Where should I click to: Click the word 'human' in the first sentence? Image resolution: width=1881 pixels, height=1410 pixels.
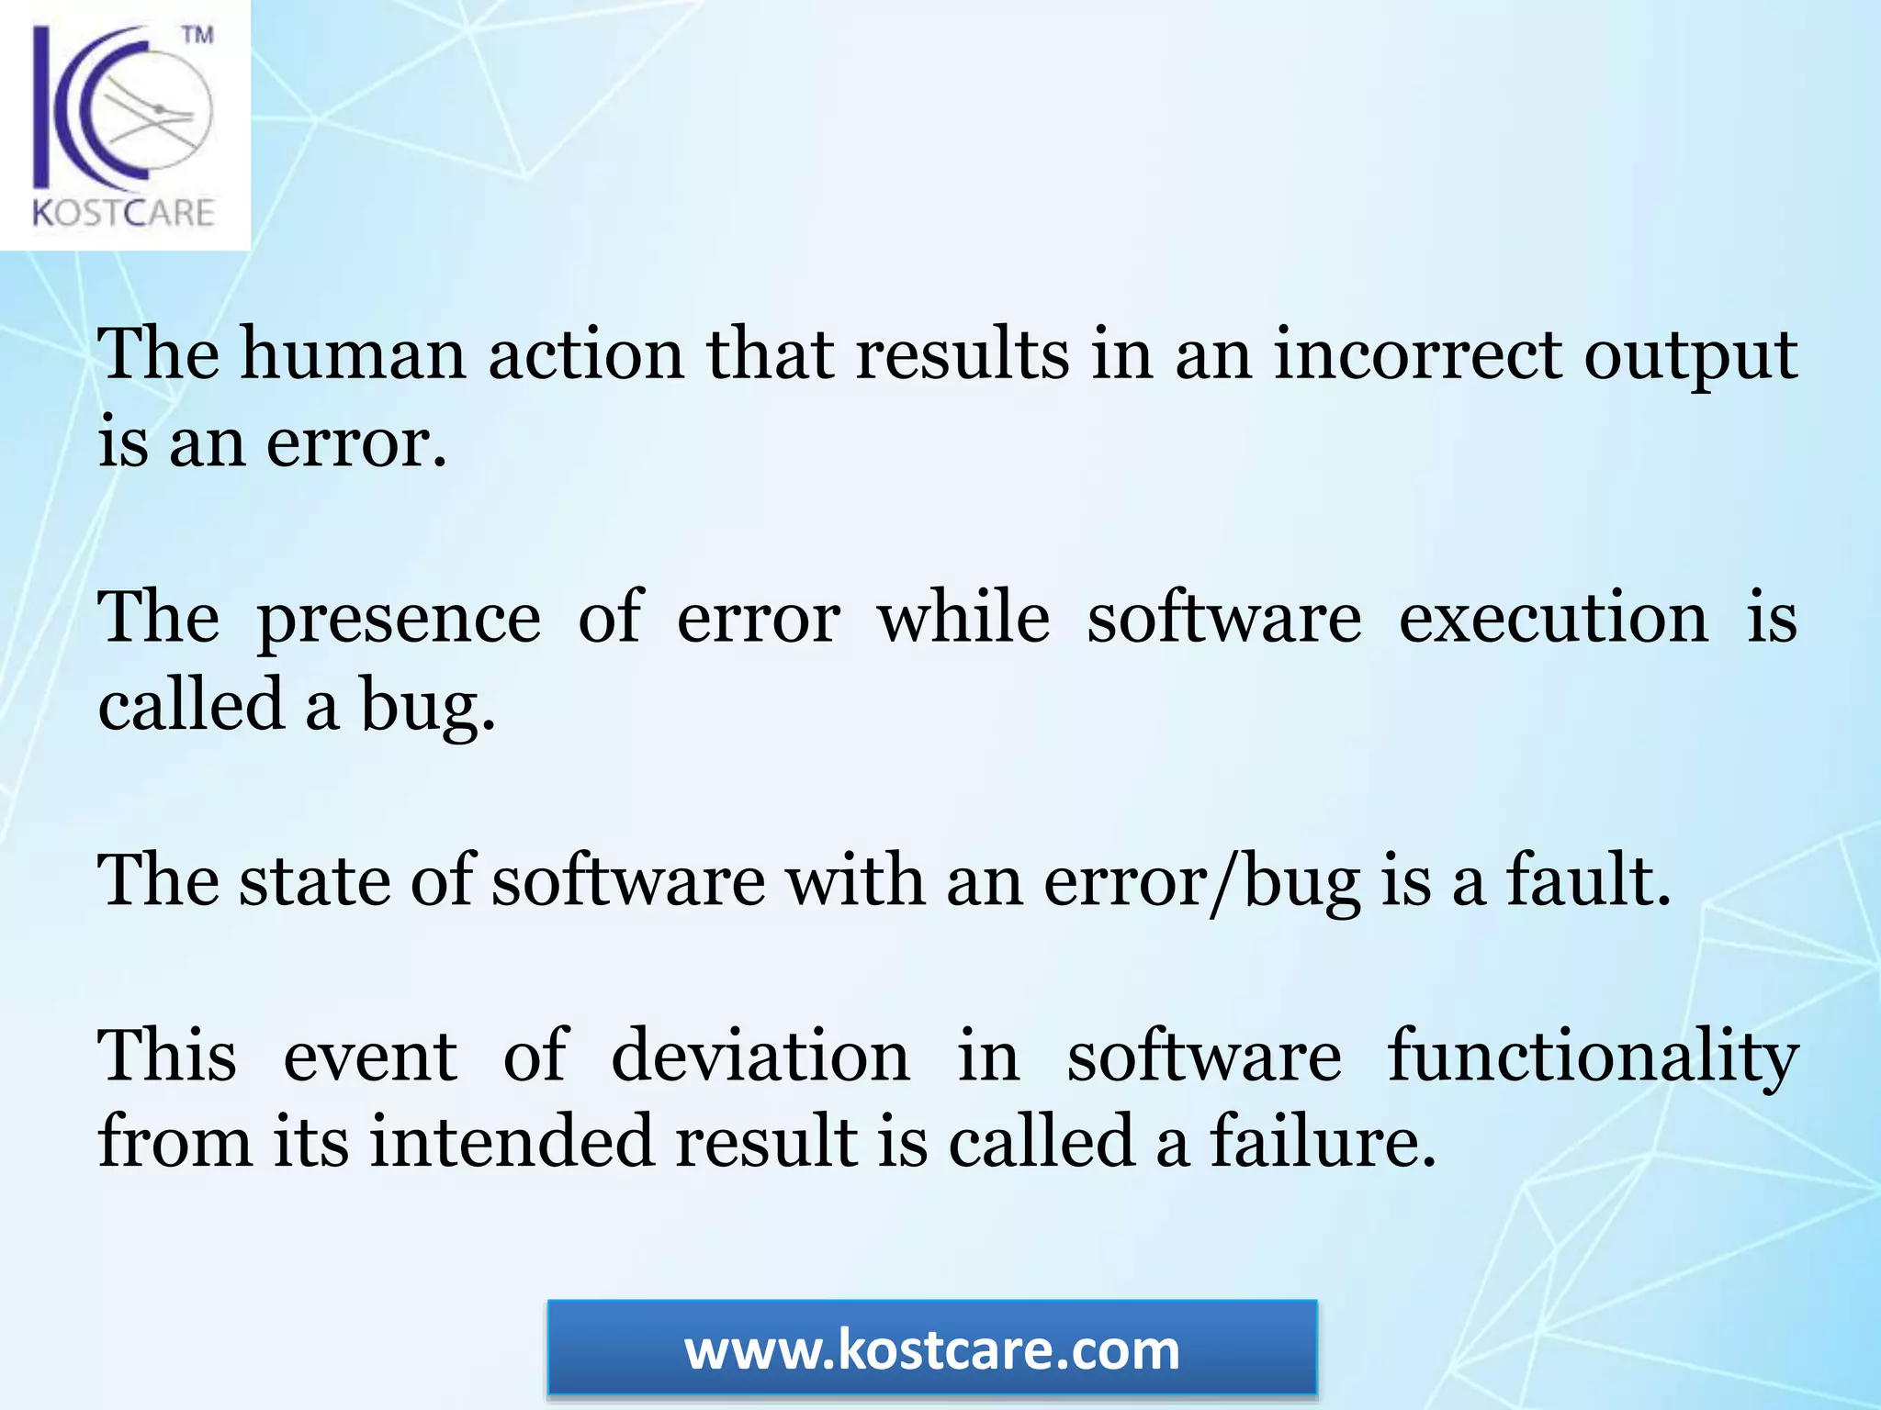pyautogui.click(x=353, y=354)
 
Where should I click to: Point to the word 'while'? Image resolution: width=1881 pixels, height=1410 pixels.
pyautogui.click(x=963, y=617)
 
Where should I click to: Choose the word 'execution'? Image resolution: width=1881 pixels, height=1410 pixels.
pyautogui.click(x=1553, y=617)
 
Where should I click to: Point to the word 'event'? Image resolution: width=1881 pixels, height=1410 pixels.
pyautogui.click(x=369, y=1056)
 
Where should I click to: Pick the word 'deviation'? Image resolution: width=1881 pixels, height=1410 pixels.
pyautogui.click(x=760, y=1056)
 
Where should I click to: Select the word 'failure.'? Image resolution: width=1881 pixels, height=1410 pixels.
pyautogui.click(x=1323, y=1142)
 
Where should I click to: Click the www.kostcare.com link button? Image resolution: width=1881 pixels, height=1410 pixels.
pyautogui.click(x=932, y=1350)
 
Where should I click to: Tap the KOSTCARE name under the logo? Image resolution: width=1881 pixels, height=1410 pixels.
pyautogui.click(x=124, y=214)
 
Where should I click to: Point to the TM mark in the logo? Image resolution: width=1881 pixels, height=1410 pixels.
pyautogui.click(x=197, y=35)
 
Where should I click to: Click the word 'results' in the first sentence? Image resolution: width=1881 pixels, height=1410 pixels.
pyautogui.click(x=963, y=354)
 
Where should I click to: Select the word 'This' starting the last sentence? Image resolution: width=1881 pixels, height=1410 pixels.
pyautogui.click(x=167, y=1056)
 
